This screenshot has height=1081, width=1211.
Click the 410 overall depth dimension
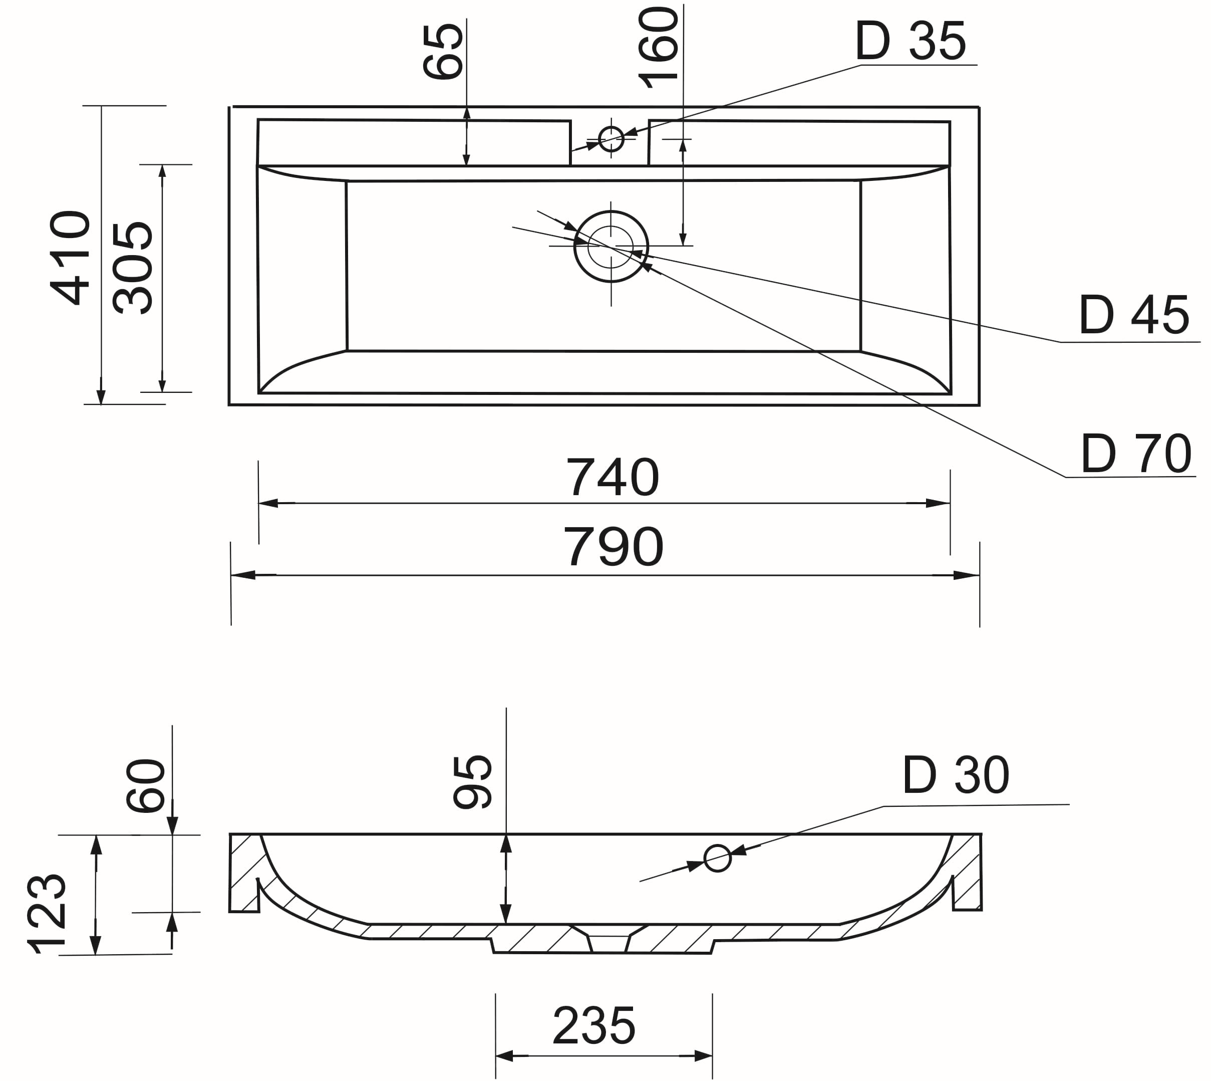pos(70,258)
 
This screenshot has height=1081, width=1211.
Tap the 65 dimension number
pos(442,52)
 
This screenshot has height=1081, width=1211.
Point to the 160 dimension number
pos(658,48)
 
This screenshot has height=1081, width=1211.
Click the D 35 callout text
pos(910,42)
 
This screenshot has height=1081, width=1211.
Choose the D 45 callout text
pos(1133,315)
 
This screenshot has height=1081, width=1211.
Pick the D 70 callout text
pos(1135,455)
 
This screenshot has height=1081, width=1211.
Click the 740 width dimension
pos(612,478)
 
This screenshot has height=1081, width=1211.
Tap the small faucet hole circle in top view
pos(611,139)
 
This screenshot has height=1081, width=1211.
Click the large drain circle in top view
pos(611,247)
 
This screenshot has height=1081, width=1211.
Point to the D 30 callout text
pos(955,775)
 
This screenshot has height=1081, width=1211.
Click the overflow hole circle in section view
pos(717,858)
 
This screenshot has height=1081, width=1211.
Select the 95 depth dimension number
pos(472,782)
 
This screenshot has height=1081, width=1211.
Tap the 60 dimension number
pos(145,785)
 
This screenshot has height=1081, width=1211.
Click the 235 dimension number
pos(593,1026)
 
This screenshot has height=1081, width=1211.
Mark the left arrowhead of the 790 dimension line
pos(243,575)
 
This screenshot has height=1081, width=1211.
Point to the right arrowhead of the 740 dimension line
pos(938,503)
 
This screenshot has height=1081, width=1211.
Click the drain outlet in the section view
pos(609,943)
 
